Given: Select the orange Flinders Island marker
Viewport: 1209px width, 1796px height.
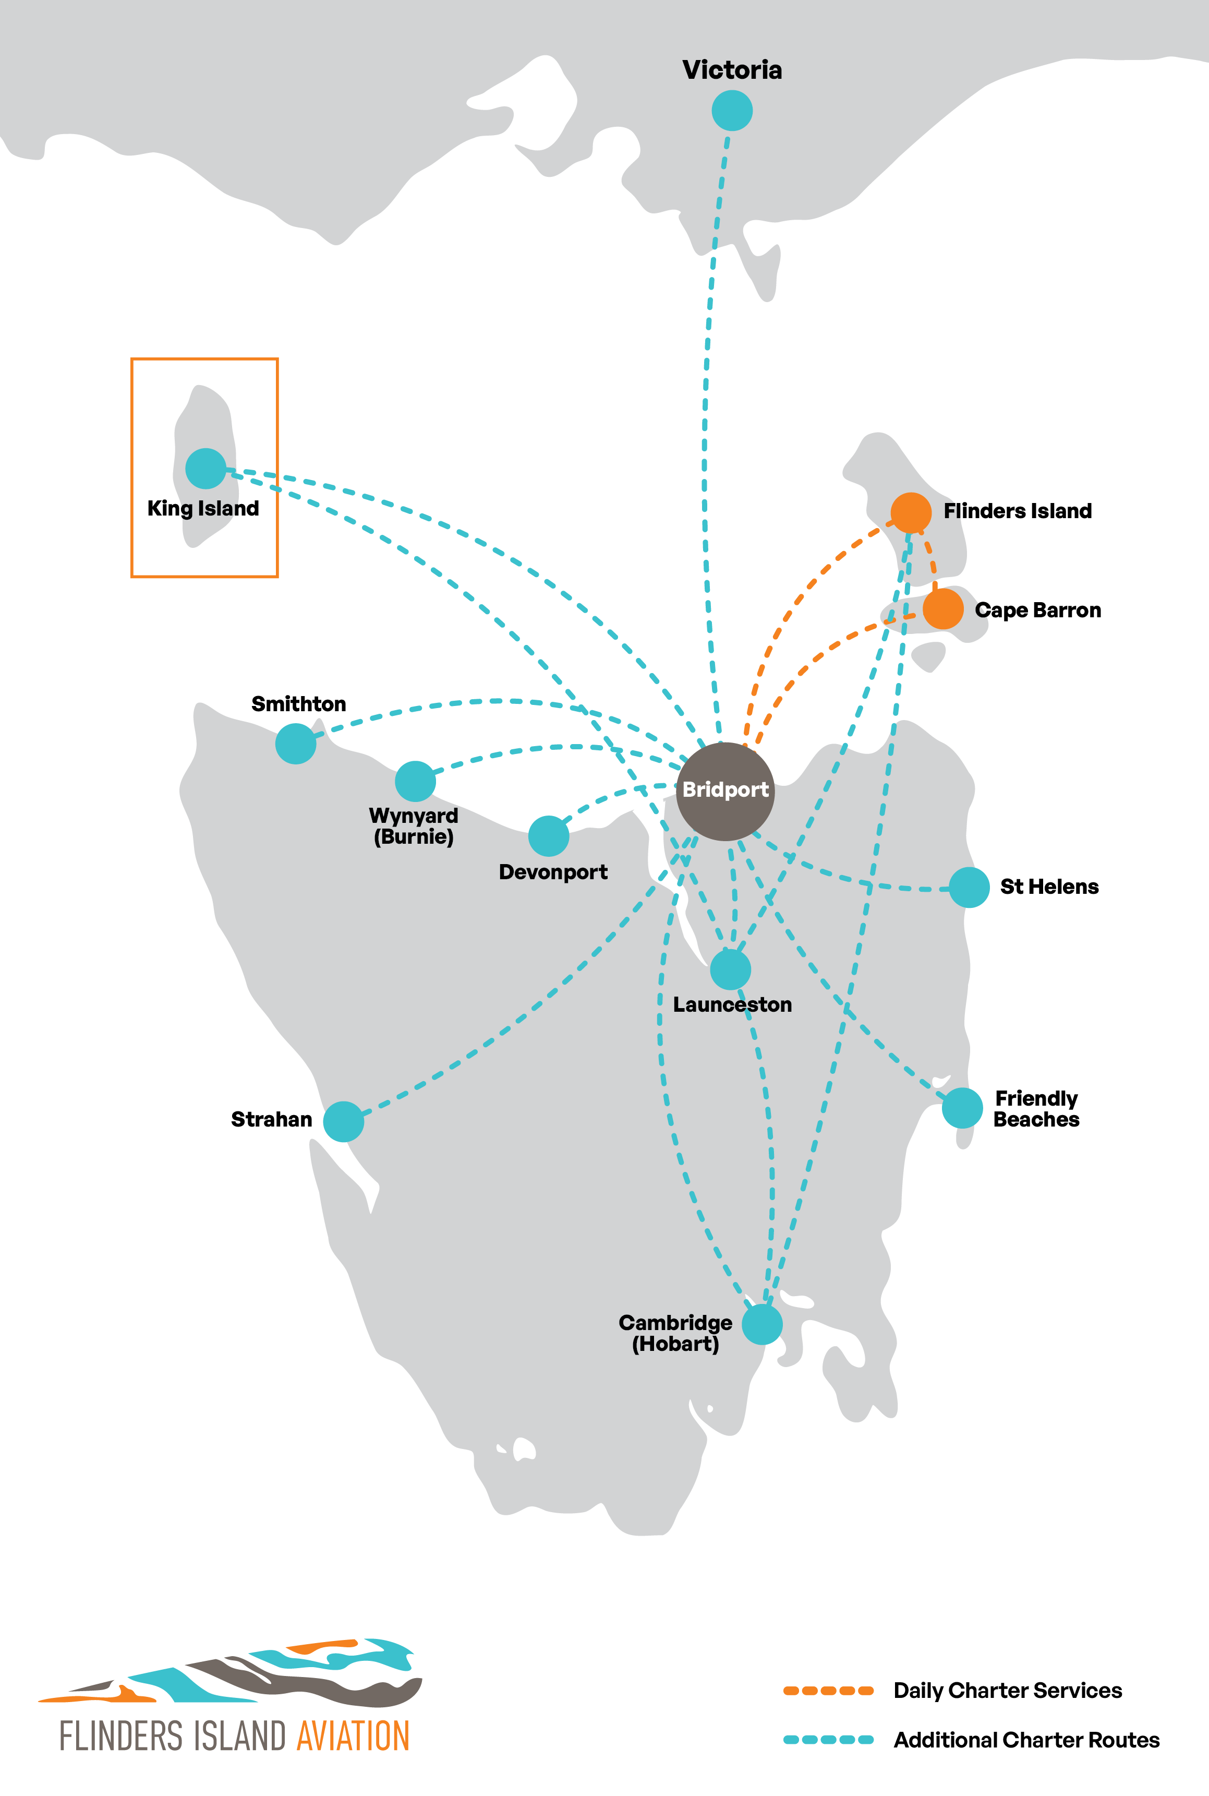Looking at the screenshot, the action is click(x=911, y=513).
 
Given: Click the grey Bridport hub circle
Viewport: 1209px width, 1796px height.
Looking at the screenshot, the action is click(x=726, y=791).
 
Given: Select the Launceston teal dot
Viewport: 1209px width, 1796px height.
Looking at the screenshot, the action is click(x=730, y=969).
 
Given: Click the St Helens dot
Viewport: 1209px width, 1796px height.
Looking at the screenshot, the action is click(x=969, y=887).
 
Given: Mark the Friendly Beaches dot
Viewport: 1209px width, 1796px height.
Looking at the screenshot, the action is click(x=962, y=1108).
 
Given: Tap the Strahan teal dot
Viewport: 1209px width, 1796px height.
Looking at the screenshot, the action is click(x=343, y=1121).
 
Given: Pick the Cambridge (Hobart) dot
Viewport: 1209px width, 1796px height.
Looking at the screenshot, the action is click(x=762, y=1324).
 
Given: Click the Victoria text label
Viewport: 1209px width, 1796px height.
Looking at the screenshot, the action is click(x=732, y=70).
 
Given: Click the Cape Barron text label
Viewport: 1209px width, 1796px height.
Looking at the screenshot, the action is click(x=1038, y=610).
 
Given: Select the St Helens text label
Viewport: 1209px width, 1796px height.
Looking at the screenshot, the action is click(x=1049, y=887).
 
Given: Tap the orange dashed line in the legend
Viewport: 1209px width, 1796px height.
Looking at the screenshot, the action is click(x=828, y=1691).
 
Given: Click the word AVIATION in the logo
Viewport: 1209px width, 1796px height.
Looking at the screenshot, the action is click(x=353, y=1737).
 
